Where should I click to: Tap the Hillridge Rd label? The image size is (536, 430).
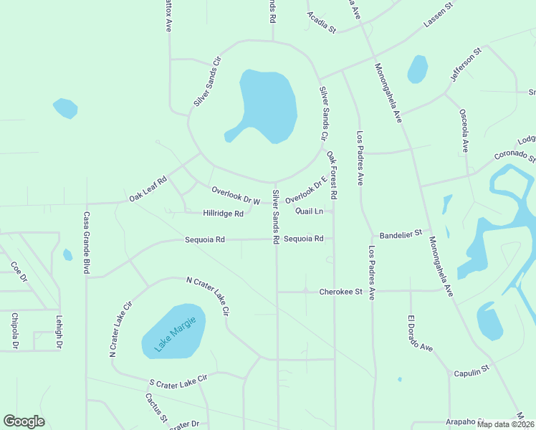223,214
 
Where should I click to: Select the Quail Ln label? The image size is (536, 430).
310,211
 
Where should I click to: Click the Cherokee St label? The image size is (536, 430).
341,292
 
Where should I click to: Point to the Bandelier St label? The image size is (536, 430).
402,234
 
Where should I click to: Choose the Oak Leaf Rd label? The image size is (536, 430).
148,188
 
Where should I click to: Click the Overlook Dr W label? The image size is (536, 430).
236,194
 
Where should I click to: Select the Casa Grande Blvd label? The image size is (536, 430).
86,243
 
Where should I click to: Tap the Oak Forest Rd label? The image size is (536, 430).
332,175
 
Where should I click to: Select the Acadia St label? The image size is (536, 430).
321,23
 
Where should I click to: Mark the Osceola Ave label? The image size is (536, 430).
464,130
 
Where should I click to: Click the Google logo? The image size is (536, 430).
24,421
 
